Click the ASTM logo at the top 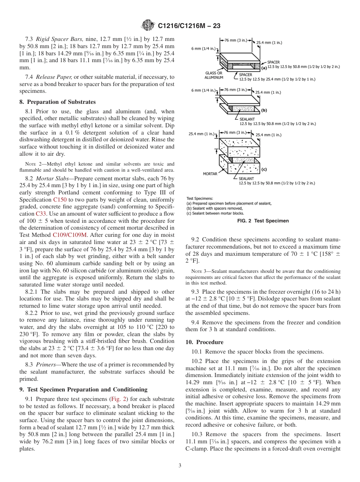[148, 25]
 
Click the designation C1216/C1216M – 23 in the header [189, 26]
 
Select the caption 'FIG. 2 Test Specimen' [263, 221]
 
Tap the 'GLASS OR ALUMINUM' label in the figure [214, 75]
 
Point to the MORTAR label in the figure [210, 174]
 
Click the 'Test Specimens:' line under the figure [200, 198]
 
